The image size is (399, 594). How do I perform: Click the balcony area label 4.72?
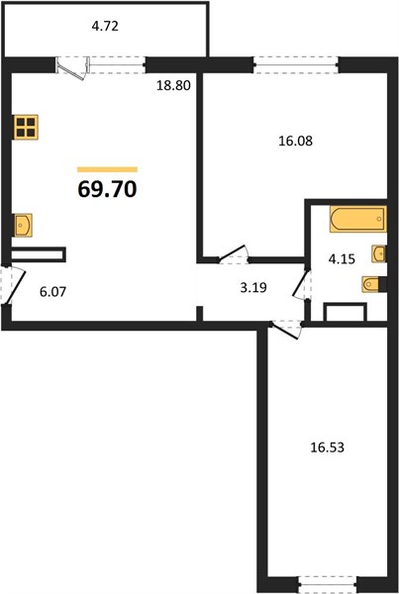[105, 26]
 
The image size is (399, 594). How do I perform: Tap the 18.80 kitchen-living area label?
[173, 85]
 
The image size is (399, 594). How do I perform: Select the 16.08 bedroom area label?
[296, 141]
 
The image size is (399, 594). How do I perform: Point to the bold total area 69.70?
[107, 189]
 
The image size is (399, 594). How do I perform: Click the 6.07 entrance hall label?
[53, 292]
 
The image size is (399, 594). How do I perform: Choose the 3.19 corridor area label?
[253, 287]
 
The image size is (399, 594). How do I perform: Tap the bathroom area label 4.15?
[342, 259]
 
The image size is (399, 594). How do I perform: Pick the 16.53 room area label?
[328, 447]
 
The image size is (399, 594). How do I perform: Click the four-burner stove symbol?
[26, 127]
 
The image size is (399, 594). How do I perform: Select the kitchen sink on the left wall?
[22, 226]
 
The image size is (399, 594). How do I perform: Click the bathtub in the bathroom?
[357, 219]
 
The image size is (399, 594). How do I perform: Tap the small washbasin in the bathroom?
[379, 253]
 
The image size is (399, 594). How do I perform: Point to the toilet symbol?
[373, 284]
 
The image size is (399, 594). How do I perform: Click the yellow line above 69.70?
[107, 169]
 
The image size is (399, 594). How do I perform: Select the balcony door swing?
[74, 68]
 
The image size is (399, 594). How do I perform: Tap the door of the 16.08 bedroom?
[234, 254]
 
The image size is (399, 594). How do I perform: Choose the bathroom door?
[302, 285]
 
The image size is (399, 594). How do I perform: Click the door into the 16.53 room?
[286, 329]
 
